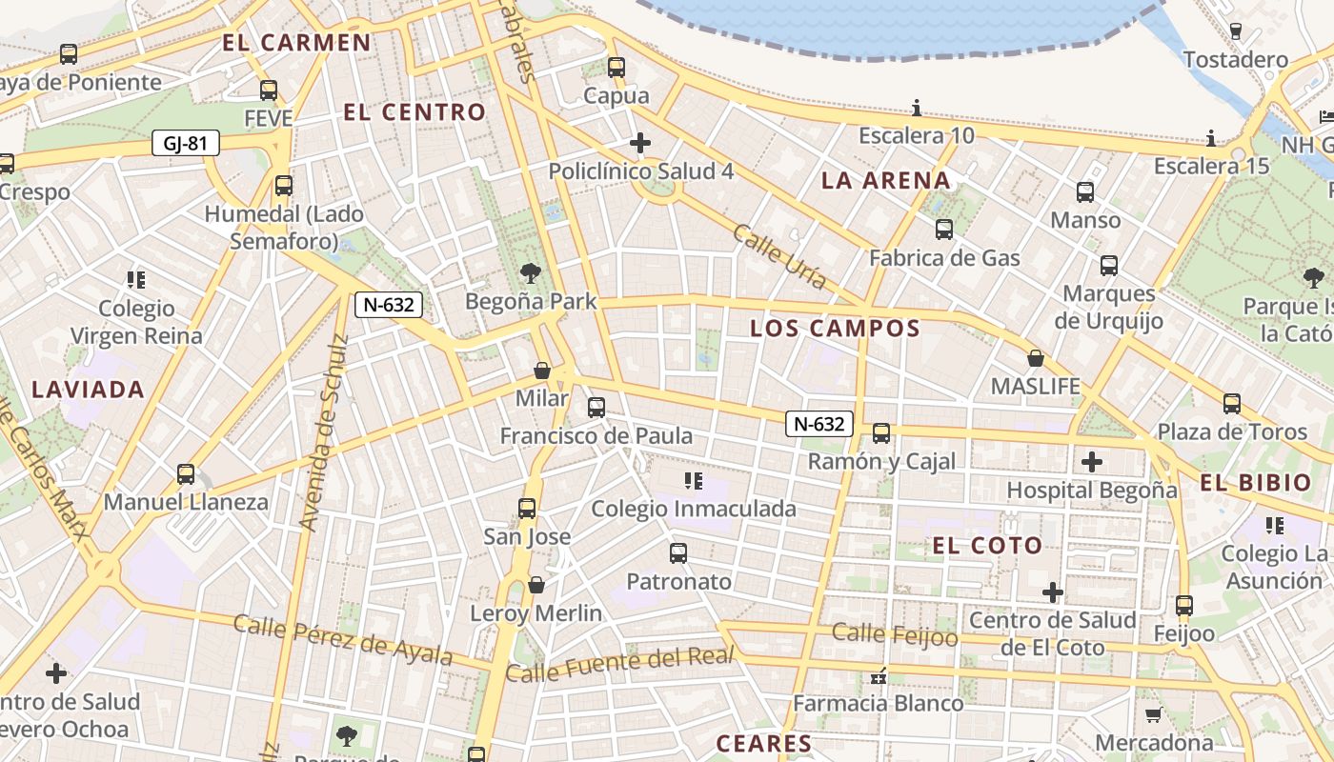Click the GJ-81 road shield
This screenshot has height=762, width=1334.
186,144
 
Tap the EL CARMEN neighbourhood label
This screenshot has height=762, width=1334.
296,42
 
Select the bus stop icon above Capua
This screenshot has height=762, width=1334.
616,68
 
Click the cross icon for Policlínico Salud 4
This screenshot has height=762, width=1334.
640,144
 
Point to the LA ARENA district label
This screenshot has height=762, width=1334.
886,180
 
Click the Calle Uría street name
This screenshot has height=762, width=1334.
779,255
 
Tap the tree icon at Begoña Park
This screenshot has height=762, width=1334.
531,274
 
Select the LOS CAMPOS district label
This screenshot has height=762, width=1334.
835,329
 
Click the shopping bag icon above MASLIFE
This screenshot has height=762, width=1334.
1036,359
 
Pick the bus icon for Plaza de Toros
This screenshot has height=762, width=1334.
1232,404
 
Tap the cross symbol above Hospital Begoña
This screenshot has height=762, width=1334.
1092,463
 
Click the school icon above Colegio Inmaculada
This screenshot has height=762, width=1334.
694,481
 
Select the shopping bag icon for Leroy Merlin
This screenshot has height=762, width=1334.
536,584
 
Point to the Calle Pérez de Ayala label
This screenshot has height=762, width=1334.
343,640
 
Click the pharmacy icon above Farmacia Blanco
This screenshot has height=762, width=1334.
879,677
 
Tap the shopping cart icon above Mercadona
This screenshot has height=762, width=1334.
1154,714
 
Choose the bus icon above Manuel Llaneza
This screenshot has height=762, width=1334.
186,474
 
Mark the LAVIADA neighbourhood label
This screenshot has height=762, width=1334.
88,389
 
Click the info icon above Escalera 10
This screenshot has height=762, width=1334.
917,107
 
